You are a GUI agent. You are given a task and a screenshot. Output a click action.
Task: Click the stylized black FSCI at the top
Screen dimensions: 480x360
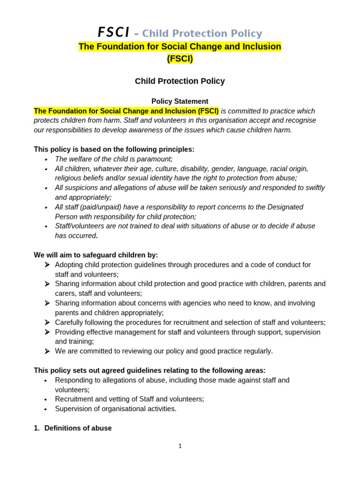tap(113, 32)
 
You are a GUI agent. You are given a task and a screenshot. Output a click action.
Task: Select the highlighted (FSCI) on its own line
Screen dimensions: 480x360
tap(180, 59)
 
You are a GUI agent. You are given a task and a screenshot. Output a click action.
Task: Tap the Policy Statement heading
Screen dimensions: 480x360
tap(180, 101)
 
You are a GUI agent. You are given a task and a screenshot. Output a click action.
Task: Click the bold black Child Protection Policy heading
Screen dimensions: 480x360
tap(180, 81)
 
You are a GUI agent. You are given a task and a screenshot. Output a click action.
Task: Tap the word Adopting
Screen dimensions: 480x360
tap(69, 265)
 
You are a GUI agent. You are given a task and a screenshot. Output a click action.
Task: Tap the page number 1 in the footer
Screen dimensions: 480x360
tap(180, 446)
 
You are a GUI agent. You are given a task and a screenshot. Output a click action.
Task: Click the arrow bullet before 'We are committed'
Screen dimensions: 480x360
tap(47, 351)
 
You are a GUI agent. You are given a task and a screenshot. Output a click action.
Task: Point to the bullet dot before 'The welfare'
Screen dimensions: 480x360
tap(46, 160)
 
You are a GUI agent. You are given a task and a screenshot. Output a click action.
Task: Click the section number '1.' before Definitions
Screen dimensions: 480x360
tap(37, 428)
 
